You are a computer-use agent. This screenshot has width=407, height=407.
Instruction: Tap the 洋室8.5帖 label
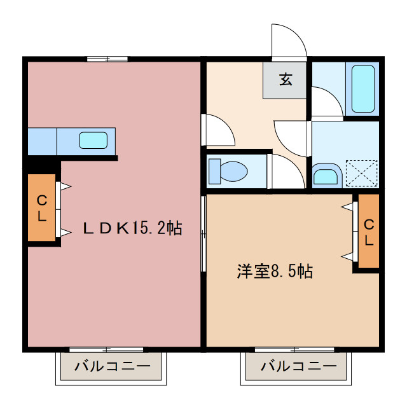pos(274,272)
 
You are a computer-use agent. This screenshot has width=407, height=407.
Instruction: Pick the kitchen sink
pos(93,139)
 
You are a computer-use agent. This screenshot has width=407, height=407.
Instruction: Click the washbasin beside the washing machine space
pos(326,175)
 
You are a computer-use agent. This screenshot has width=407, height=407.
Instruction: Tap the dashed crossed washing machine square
pos(361,172)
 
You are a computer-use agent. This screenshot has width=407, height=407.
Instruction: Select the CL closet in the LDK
pos(41,208)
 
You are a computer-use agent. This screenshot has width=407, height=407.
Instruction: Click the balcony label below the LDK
pos(112,366)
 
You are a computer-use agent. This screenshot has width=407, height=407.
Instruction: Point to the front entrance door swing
pos(287,42)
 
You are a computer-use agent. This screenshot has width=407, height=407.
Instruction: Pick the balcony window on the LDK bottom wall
pos(106,349)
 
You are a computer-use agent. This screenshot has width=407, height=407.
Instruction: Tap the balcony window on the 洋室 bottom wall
pos(294,349)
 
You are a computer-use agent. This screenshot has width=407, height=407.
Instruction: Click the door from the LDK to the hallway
pos(216,130)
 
